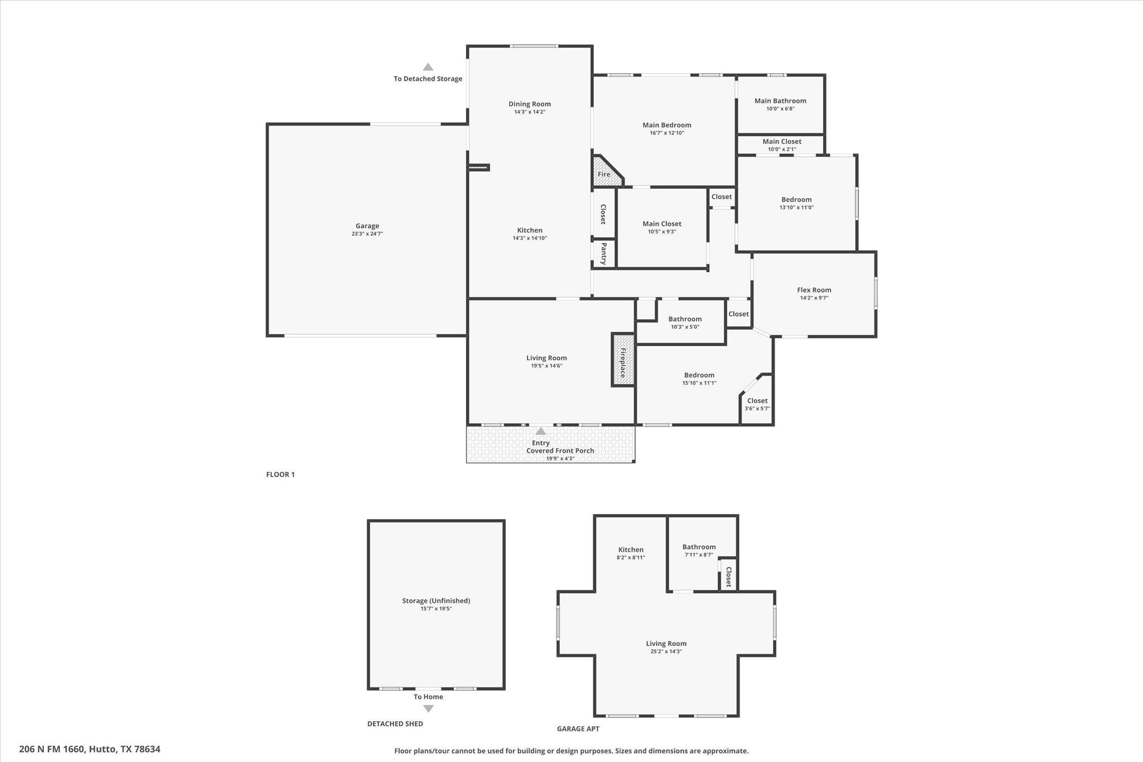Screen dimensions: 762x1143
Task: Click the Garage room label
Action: [x=367, y=226]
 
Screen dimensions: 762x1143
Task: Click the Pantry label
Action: [x=603, y=253]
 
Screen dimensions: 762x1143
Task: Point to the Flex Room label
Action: [x=814, y=290]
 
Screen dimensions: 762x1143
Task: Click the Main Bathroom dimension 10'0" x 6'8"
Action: [x=780, y=109]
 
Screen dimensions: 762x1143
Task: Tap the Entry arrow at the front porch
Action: [x=540, y=431]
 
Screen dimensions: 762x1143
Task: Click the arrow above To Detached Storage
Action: [x=428, y=67]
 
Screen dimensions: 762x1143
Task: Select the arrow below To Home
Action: [x=428, y=709]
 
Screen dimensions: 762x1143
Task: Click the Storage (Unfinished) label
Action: [x=436, y=601]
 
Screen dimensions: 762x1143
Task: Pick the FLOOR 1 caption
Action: [x=280, y=475]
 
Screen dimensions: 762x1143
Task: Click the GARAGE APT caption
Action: [x=578, y=729]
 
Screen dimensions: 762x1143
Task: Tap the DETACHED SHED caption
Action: [x=395, y=723]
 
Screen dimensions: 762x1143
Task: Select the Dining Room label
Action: [x=530, y=104]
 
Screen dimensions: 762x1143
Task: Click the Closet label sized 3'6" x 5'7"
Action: [x=757, y=400]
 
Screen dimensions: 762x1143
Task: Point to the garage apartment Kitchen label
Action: [x=631, y=550]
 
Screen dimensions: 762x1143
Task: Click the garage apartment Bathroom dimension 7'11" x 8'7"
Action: [x=699, y=555]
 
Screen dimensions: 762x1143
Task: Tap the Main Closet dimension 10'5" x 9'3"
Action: [x=662, y=232]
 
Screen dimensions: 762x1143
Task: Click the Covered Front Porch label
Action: [x=560, y=451]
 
